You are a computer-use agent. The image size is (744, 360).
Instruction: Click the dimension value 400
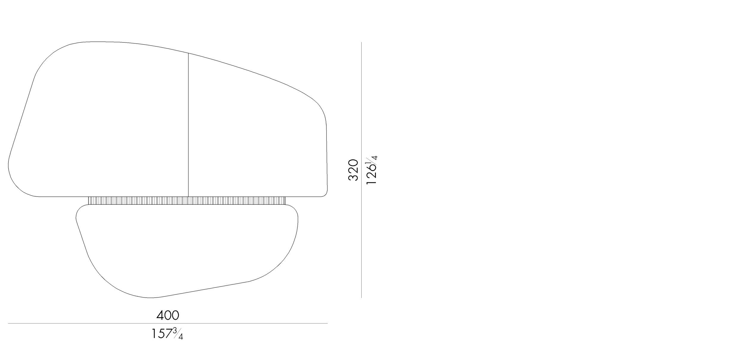(x=168, y=315)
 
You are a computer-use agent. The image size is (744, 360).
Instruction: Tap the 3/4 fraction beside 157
(x=178, y=334)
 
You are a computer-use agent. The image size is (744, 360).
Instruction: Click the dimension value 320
(x=353, y=170)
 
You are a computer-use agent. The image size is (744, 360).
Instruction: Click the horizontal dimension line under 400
(x=168, y=323)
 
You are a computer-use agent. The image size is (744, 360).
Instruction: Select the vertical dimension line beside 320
(x=362, y=170)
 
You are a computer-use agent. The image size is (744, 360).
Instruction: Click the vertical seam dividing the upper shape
(x=188, y=125)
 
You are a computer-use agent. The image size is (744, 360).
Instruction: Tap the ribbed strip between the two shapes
(x=187, y=201)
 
